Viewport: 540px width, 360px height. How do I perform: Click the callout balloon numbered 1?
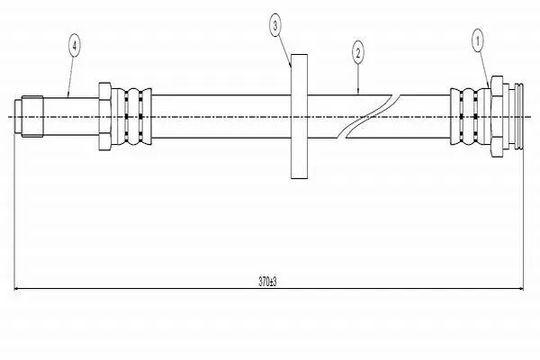pos(477,41)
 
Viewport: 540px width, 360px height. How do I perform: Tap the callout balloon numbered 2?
pos(358,53)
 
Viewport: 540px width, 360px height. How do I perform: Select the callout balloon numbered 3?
pos(274,25)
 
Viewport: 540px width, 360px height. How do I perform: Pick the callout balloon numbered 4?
pos(75,44)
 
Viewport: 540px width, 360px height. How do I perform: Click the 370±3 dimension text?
pos(267,282)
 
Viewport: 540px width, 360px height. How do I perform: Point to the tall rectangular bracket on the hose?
pos(300,116)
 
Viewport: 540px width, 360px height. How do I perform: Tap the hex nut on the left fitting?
pos(104,116)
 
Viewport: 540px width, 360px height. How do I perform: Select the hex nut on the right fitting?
pos(497,116)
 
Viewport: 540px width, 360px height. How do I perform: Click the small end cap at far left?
pos(18,116)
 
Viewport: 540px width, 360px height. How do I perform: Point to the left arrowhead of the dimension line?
pos(16,289)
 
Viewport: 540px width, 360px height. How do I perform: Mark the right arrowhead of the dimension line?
pos(521,289)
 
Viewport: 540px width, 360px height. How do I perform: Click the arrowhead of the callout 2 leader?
pos(358,92)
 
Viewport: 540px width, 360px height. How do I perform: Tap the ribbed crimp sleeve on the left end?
pos(131,116)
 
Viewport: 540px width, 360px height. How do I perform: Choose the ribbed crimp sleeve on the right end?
pos(471,116)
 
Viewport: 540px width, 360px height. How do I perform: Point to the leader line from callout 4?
pos(70,76)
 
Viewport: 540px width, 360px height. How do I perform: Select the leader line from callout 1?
pos(483,69)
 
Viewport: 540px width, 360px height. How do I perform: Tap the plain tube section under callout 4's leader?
pos(71,116)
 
